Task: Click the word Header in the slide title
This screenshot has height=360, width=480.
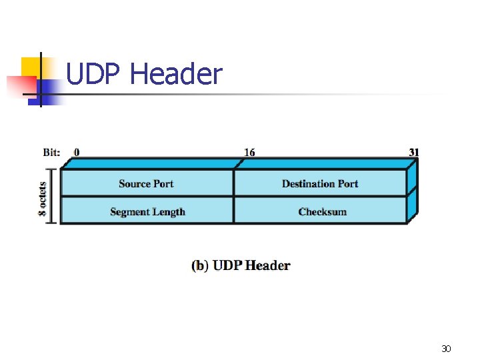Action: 176,74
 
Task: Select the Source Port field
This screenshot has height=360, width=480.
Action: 146,183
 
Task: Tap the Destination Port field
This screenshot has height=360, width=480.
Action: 320,183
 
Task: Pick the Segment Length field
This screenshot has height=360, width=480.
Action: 147,211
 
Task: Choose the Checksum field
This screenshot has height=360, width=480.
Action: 323,211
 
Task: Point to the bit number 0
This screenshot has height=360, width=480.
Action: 77,152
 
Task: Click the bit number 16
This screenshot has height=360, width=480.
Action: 249,152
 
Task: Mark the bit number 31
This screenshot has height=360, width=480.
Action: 414,152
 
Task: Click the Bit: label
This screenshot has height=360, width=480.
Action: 51,152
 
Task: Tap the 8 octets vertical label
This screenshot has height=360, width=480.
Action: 43,197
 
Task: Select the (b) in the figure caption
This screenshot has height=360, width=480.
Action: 200,265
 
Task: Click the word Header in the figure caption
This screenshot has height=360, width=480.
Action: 267,265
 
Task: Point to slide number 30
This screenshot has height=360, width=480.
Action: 446,348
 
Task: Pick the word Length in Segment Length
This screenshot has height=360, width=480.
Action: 169,211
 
